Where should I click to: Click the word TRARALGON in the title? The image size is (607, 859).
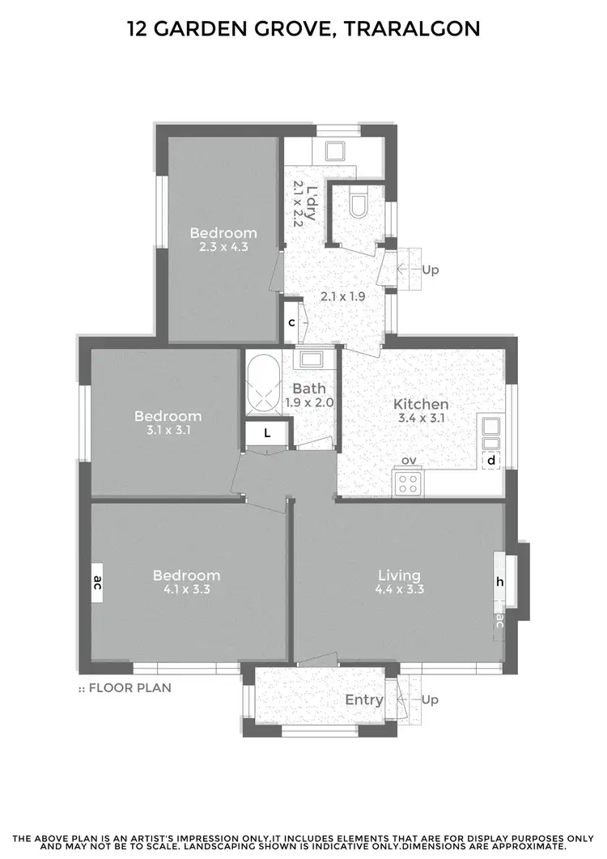pyautogui.click(x=412, y=30)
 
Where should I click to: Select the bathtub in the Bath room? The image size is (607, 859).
pyautogui.click(x=262, y=386)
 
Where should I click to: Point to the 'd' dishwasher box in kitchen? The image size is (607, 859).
pyautogui.click(x=490, y=461)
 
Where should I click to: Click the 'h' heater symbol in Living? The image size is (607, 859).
pyautogui.click(x=499, y=581)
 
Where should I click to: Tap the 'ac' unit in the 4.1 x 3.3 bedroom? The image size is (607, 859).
pyautogui.click(x=97, y=582)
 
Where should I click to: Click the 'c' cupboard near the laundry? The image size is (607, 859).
pyautogui.click(x=291, y=321)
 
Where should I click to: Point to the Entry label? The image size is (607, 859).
pyautogui.click(x=363, y=700)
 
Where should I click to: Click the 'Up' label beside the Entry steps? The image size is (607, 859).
pyautogui.click(x=431, y=700)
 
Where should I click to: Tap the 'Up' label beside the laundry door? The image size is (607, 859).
pyautogui.click(x=431, y=270)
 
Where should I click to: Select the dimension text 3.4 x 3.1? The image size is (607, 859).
pyautogui.click(x=421, y=419)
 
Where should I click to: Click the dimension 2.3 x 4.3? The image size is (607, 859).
pyautogui.click(x=219, y=247)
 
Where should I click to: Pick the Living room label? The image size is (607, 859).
pyautogui.click(x=399, y=575)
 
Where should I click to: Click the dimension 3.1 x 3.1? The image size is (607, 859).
pyautogui.click(x=168, y=430)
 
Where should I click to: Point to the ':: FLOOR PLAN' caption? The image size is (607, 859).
pyautogui.click(x=125, y=688)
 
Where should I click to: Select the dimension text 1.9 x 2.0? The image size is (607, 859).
pyautogui.click(x=309, y=402)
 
